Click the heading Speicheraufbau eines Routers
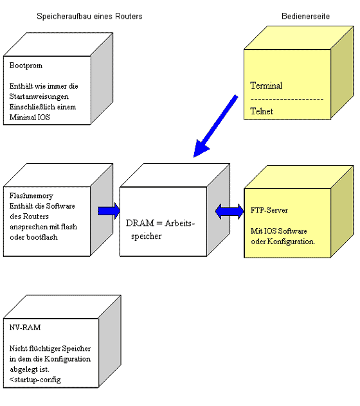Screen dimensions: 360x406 (89, 16)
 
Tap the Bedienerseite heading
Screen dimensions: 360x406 (305, 16)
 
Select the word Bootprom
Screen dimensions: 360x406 (26, 66)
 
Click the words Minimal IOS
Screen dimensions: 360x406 (30, 118)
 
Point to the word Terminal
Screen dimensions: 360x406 (266, 85)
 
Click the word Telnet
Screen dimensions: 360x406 (262, 111)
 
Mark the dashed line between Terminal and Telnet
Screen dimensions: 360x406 (287, 99)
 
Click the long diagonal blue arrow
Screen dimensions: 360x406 (215, 127)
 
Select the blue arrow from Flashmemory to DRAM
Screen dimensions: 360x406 (109, 211)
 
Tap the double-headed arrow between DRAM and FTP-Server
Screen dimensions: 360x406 (230, 211)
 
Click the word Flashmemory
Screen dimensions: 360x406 (32, 196)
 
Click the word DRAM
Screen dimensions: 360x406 (140, 223)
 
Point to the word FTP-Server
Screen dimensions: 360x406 (269, 210)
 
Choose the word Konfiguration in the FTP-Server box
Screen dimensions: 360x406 (291, 242)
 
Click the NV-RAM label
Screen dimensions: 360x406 (25, 328)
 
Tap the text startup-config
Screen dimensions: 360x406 (37, 380)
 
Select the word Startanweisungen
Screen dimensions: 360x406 (39, 96)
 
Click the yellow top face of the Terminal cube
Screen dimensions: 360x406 (299, 37)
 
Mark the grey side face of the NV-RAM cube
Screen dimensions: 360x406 (110, 341)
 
